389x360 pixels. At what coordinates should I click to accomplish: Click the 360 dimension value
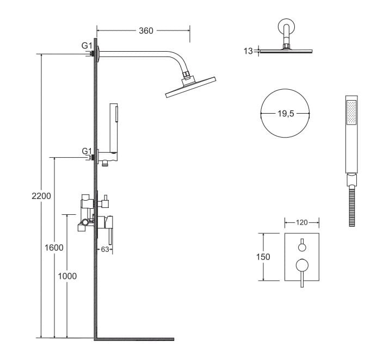[x=146, y=31]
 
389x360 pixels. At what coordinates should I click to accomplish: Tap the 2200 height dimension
[x=41, y=196]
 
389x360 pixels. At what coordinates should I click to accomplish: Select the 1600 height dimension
[x=54, y=247]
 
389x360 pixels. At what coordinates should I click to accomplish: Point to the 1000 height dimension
[x=67, y=276]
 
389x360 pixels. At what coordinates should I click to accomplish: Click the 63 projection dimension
[x=105, y=249]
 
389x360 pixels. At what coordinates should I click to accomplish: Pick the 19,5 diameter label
[x=286, y=114]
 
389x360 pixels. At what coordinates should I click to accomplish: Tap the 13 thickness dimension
[x=248, y=51]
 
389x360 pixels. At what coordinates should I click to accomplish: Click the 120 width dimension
[x=301, y=222]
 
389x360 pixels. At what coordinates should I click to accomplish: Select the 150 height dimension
[x=263, y=257]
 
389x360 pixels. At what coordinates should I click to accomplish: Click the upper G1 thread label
[x=87, y=46]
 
